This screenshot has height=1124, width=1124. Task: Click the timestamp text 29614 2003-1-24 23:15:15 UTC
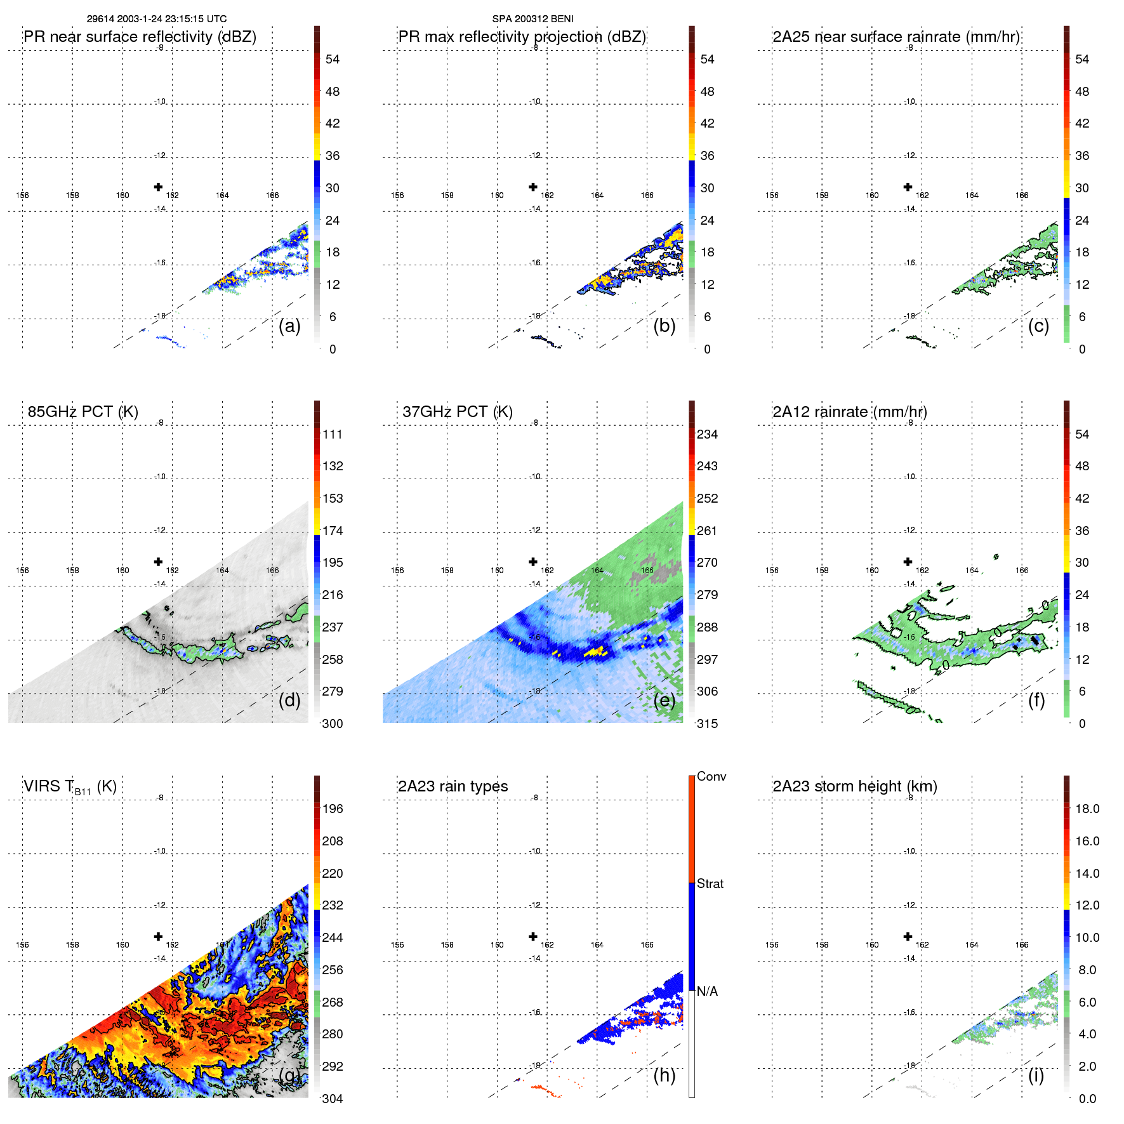(156, 19)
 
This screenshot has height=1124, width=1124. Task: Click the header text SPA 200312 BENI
(532, 19)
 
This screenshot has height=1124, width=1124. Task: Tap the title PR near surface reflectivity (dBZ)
(140, 37)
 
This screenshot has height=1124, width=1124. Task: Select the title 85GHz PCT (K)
(83, 412)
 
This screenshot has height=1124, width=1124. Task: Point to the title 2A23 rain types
(453, 786)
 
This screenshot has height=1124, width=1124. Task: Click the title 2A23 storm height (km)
(854, 786)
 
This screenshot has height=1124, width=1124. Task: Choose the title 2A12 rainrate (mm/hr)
(849, 412)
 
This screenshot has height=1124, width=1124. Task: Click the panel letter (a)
(289, 326)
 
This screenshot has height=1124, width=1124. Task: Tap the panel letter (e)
(664, 700)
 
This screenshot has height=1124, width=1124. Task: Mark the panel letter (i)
(1036, 1075)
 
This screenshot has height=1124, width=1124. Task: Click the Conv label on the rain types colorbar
(711, 776)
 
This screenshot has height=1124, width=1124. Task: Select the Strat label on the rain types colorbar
(710, 883)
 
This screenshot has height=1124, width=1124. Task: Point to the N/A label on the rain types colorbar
(707, 991)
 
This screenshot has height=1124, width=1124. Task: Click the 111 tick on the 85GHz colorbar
(333, 435)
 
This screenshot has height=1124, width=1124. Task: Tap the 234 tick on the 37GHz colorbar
(707, 435)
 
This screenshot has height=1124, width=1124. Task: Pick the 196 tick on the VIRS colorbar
(333, 809)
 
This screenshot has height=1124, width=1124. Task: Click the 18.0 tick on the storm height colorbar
(1087, 809)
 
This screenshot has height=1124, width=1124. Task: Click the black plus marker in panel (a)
(158, 187)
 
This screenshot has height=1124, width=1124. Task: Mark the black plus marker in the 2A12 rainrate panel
(908, 562)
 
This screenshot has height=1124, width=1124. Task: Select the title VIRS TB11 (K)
(70, 787)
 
